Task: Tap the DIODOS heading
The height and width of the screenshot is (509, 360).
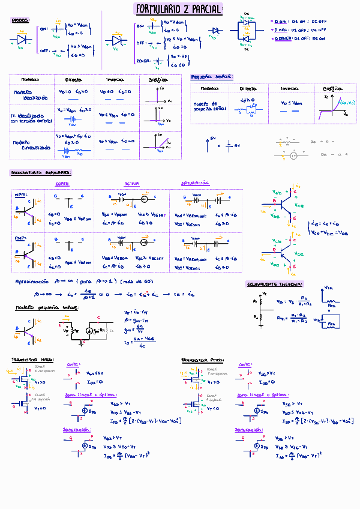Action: coord(20,20)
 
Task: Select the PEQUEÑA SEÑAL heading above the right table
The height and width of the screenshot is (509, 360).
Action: coord(212,77)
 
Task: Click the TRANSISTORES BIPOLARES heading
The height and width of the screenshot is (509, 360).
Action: coord(41,172)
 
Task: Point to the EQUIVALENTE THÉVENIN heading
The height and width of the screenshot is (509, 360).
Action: coord(275,284)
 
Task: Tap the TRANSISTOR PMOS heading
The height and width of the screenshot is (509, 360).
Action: coord(202,360)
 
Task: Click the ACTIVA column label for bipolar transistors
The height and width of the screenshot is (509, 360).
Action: coord(131,183)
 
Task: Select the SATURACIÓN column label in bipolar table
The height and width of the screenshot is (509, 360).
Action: coord(194,183)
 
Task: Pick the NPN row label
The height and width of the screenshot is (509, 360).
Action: coord(20,194)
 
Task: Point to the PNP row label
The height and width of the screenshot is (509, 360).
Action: coord(20,238)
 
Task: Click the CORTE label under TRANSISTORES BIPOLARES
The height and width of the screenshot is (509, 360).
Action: coord(61,183)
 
